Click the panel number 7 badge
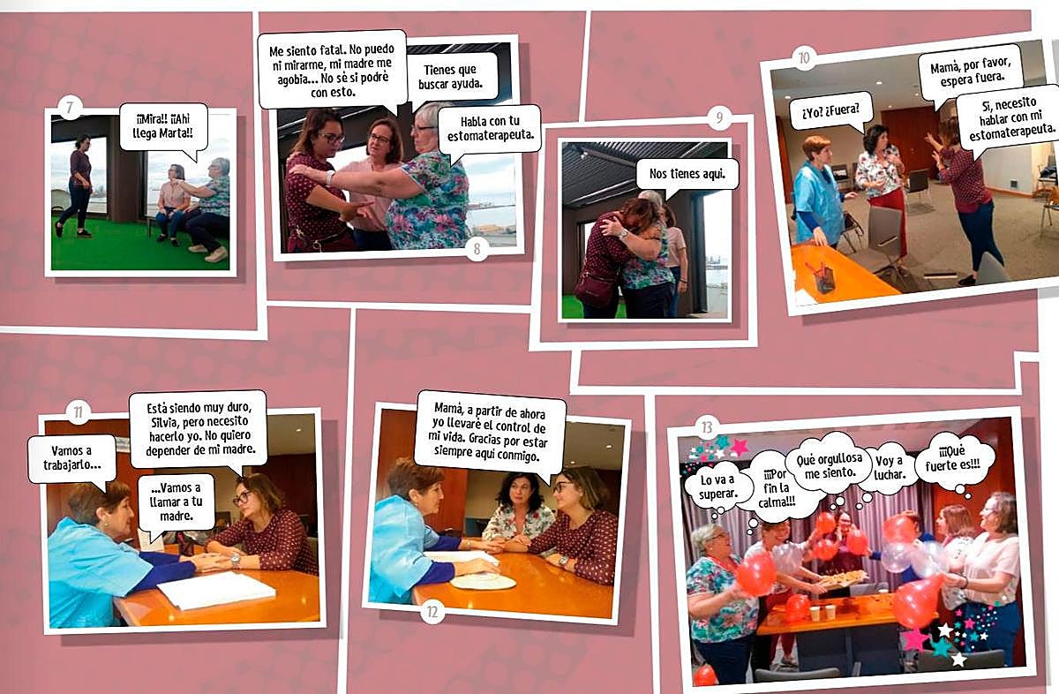pyautogui.click(x=70, y=108)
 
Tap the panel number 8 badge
pyautogui.click(x=477, y=248)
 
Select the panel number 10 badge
pyautogui.click(x=804, y=58)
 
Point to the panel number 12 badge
pyautogui.click(x=432, y=612)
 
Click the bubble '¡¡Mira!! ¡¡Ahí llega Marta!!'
pyautogui.click(x=163, y=128)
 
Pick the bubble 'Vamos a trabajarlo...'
pyautogui.click(x=71, y=459)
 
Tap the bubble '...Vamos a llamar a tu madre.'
pyautogui.click(x=176, y=502)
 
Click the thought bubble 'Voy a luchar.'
pyautogui.click(x=889, y=468)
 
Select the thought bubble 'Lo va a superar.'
pyautogui.click(x=717, y=488)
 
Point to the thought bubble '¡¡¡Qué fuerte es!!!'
pyautogui.click(x=953, y=460)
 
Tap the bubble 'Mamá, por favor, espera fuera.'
pyautogui.click(x=970, y=73)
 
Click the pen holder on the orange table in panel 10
pyautogui.click(x=824, y=279)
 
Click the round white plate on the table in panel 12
pyautogui.click(x=484, y=581)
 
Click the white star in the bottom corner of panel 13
pyautogui.click(x=958, y=659)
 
